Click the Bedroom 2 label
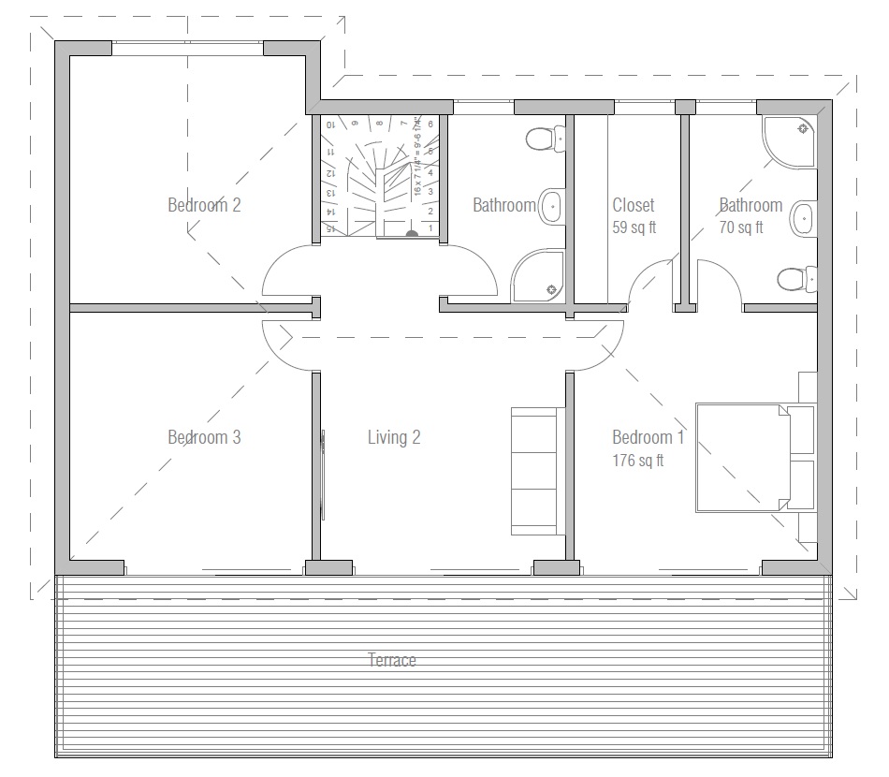204,205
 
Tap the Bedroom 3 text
204,437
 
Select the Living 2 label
394,437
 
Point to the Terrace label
392,660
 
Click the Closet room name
634,205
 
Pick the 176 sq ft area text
638,461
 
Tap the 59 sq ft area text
634,227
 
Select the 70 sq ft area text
741,227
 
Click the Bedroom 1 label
649,437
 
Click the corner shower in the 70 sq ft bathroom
792,140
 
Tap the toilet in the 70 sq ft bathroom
795,278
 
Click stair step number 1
430,227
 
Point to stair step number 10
329,124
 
